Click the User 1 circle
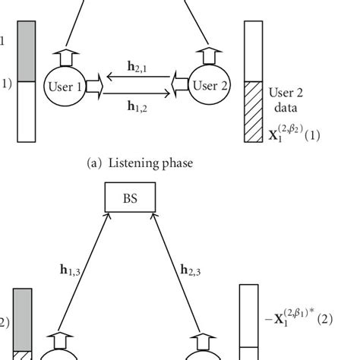pyautogui.click(x=65, y=87)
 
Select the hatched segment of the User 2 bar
pyautogui.click(x=254, y=122)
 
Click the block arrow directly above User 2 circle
pyautogui.click(x=207, y=55)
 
